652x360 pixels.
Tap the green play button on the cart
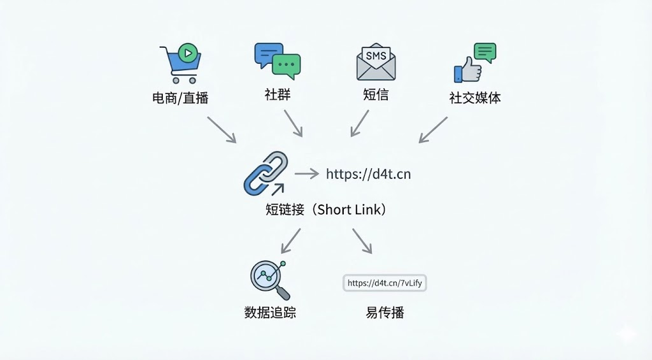coord(187,53)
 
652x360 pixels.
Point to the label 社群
coord(278,95)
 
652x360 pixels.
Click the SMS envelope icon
coord(376,62)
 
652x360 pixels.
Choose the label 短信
coord(376,95)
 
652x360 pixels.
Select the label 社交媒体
coord(475,97)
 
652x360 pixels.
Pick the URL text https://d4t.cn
coord(368,174)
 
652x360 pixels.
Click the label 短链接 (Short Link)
coord(326,209)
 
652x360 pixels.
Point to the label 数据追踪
coord(270,313)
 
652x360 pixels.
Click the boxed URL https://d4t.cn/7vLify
coord(385,283)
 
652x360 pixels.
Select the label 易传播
coord(385,313)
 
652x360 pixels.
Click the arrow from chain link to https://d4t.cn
coord(306,173)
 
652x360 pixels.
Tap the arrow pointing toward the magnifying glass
coord(290,241)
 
